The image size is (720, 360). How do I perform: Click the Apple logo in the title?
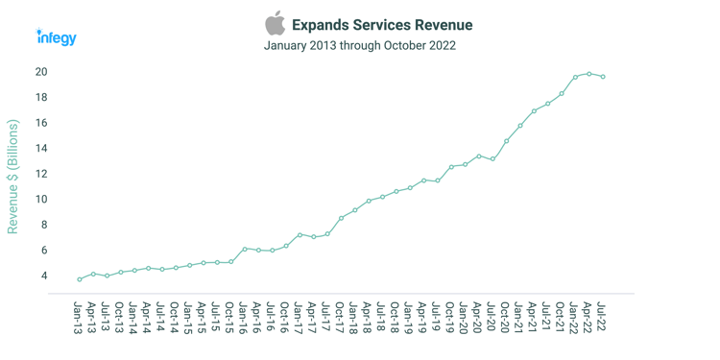coord(276,23)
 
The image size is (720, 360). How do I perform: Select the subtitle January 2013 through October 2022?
coord(359,45)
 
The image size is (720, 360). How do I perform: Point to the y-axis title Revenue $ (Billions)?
coord(12,177)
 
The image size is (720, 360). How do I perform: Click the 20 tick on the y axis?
coord(41,72)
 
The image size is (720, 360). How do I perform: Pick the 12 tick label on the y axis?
coord(41,174)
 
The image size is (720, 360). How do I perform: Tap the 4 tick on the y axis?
coord(44,276)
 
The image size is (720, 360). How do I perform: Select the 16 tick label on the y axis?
coord(41,123)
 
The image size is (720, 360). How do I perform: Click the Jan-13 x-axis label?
coord(79,317)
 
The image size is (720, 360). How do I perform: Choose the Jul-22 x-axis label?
coord(602,317)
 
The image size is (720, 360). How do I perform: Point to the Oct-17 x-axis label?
coord(341,317)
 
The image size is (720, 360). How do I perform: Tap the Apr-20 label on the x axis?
coord(478,317)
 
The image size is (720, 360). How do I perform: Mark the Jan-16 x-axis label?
coord(244,317)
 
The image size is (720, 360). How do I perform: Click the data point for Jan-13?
coord(80,279)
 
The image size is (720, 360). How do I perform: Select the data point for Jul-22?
coord(603,77)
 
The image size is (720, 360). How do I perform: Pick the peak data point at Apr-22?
coord(589,74)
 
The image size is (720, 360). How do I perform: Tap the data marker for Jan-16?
coord(245,249)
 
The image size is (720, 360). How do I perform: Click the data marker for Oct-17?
coord(341,218)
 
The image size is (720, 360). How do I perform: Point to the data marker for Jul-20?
coord(492,159)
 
